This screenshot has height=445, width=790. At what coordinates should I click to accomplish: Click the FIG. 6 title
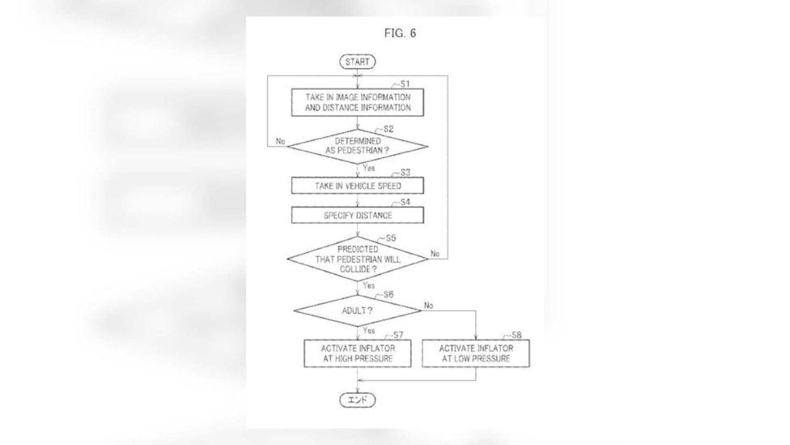point(400,33)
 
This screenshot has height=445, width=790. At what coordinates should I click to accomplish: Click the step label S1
point(404,83)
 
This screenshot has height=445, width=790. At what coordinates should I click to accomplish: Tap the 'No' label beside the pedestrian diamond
point(280,141)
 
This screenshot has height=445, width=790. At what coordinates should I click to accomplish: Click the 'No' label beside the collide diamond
point(435,253)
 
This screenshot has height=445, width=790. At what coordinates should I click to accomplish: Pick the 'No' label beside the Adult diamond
point(428,306)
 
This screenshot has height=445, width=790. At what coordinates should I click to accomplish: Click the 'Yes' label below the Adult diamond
point(369,331)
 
